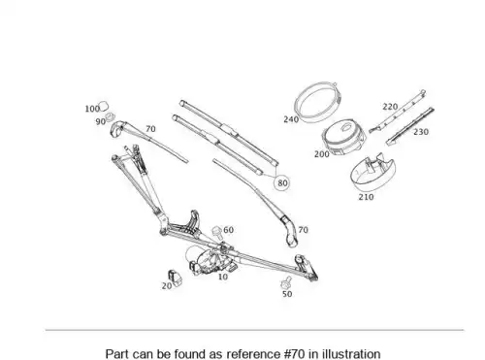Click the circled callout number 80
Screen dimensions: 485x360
tap(282, 183)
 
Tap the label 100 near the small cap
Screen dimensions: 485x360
tap(92, 109)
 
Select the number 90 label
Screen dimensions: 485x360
tap(101, 121)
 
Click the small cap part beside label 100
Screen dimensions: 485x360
tap(104, 106)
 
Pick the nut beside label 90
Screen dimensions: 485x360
tap(111, 116)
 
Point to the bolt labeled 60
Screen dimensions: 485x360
tap(216, 231)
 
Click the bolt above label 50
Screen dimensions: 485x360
tap(286, 282)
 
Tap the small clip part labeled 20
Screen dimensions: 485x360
tap(175, 278)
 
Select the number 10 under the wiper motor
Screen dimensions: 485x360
tap(223, 277)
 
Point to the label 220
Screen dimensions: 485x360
tap(390, 107)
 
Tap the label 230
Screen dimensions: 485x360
tap(421, 132)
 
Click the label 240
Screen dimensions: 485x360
tap(291, 119)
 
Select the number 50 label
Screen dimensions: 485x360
tap(287, 294)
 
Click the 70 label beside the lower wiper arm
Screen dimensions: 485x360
tap(303, 230)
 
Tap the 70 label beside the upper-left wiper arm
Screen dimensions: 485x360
tap(150, 129)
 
